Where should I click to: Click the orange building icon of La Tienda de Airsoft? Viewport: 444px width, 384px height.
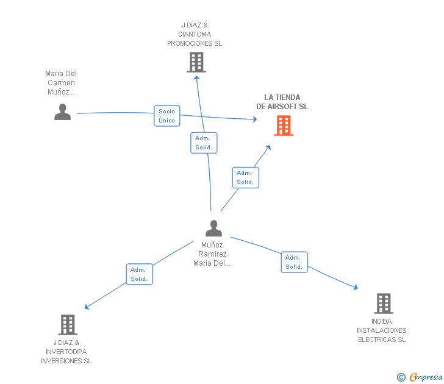[x=284, y=126]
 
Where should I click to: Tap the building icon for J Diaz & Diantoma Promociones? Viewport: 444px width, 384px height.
[x=196, y=62]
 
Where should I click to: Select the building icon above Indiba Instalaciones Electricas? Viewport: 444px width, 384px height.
[x=383, y=303]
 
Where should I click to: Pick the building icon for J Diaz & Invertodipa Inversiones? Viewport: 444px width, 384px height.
[x=68, y=324]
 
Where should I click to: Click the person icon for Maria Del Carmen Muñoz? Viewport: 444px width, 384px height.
[x=62, y=112]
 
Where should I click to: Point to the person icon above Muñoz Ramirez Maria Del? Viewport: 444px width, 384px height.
[x=213, y=229]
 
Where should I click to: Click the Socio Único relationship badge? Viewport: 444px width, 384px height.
[x=167, y=116]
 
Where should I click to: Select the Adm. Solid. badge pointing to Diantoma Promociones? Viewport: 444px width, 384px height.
[x=204, y=143]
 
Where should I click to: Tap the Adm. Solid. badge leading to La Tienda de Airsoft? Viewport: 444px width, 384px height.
[x=245, y=177]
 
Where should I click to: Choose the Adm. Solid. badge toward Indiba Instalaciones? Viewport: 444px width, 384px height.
[x=294, y=262]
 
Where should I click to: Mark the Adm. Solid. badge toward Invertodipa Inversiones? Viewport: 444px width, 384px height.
[x=139, y=274]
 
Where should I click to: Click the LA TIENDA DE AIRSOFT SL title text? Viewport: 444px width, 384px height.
[x=282, y=102]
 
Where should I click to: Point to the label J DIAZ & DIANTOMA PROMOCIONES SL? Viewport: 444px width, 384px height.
[x=195, y=35]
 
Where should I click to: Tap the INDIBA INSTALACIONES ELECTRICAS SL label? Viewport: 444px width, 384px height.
[x=382, y=330]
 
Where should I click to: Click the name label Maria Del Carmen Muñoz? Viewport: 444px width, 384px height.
[x=61, y=83]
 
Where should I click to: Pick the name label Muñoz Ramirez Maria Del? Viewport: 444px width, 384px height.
[x=212, y=254]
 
